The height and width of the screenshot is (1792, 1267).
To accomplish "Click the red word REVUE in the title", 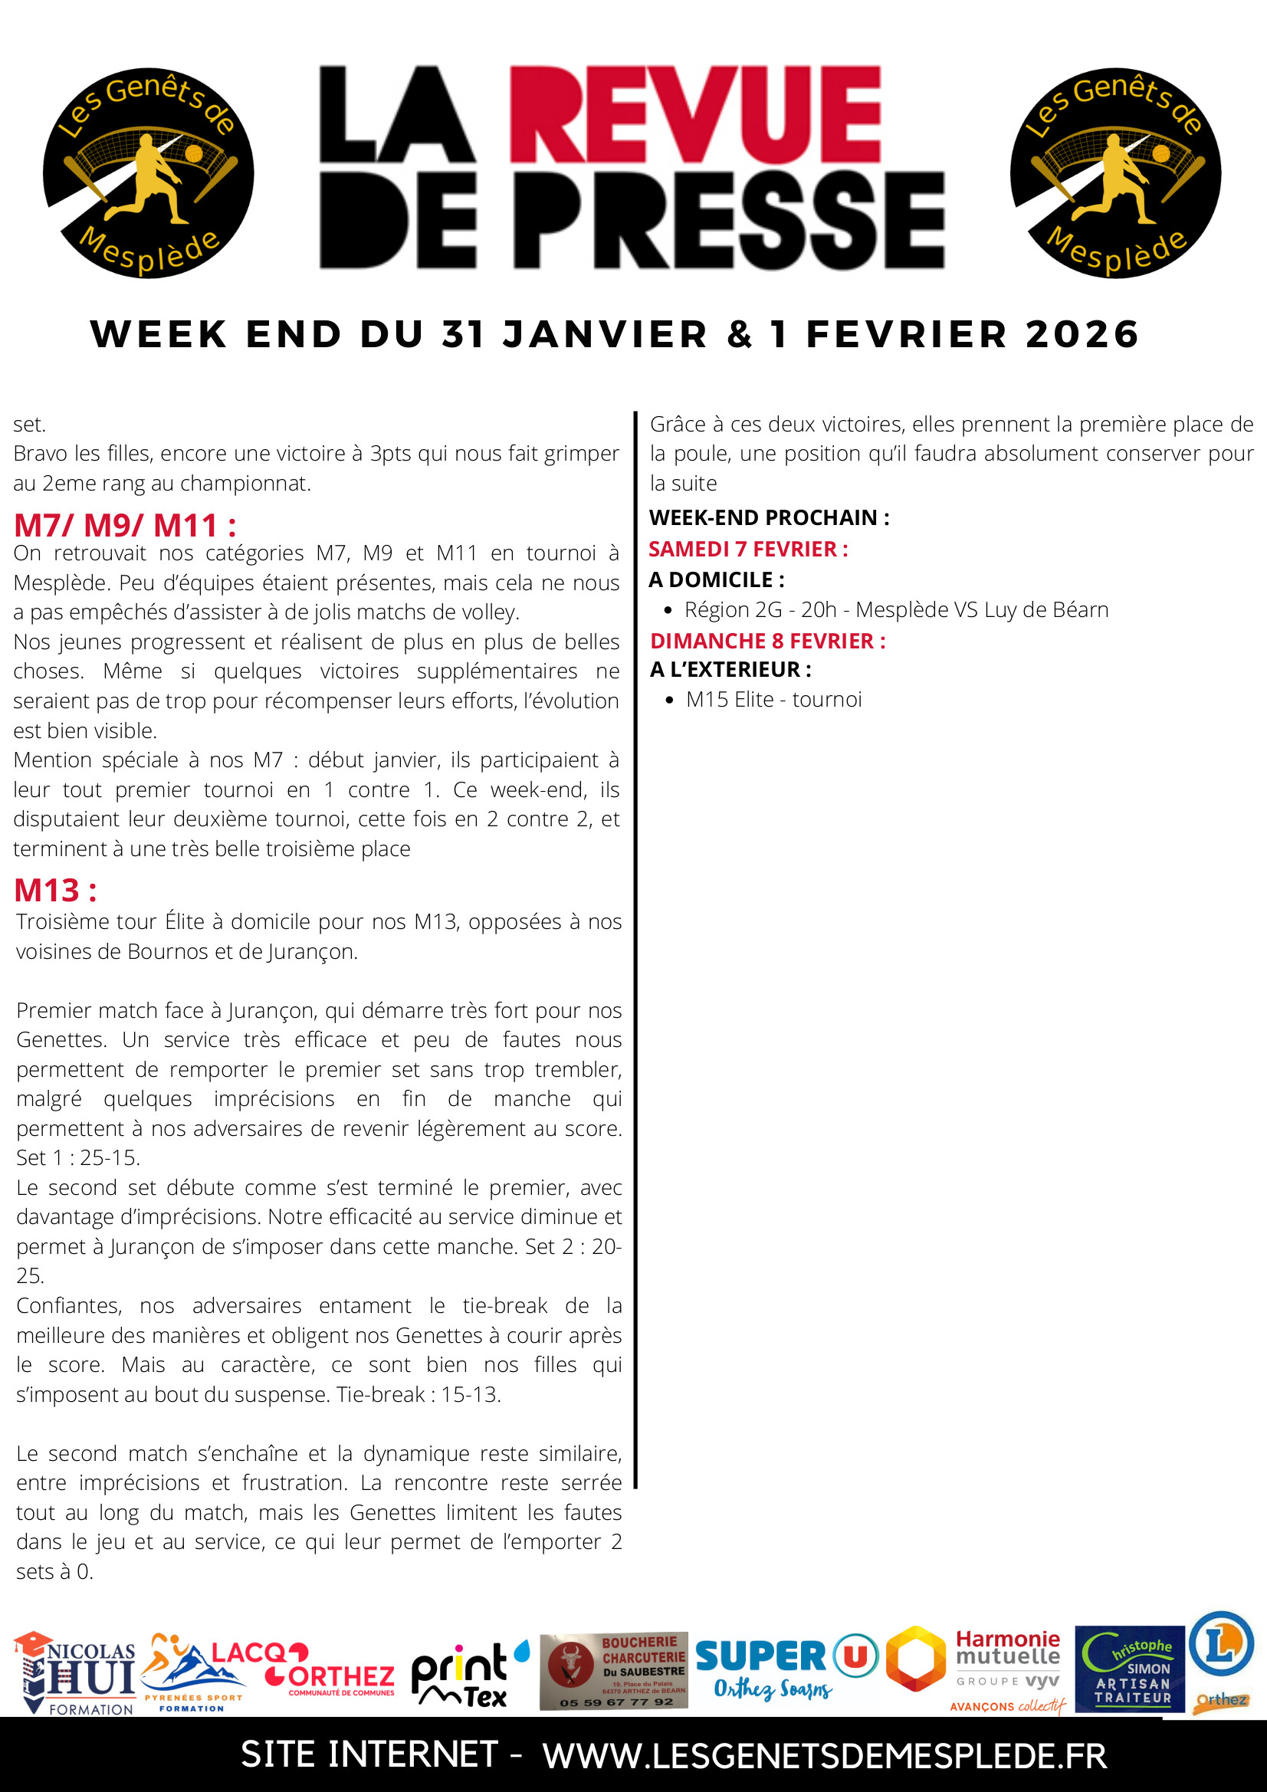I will tap(694, 115).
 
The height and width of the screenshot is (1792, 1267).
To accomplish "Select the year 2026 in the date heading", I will tap(1082, 334).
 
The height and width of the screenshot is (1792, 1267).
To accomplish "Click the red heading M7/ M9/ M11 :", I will tap(125, 525).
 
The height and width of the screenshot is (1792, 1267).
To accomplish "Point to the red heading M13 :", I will tap(55, 890).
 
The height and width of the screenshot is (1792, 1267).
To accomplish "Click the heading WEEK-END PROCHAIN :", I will tap(769, 517).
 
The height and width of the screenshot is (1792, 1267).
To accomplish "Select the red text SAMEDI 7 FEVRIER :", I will tap(748, 549).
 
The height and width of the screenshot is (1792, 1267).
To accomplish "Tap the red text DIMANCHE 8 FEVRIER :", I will tap(767, 641).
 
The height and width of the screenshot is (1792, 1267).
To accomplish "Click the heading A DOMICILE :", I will tap(717, 579).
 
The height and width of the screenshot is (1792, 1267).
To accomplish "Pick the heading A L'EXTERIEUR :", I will tap(730, 669).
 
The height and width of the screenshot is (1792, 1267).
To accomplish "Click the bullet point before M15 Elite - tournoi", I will tap(669, 700).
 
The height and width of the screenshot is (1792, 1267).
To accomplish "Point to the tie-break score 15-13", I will tap(471, 1394).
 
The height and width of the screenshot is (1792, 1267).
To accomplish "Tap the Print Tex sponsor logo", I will tap(468, 1673).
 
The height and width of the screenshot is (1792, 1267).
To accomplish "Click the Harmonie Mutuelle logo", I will tap(1006, 1670).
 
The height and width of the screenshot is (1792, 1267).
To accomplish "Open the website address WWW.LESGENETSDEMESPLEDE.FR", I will tap(825, 1755).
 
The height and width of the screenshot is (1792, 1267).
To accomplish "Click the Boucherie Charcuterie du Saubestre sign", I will tap(614, 1670).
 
